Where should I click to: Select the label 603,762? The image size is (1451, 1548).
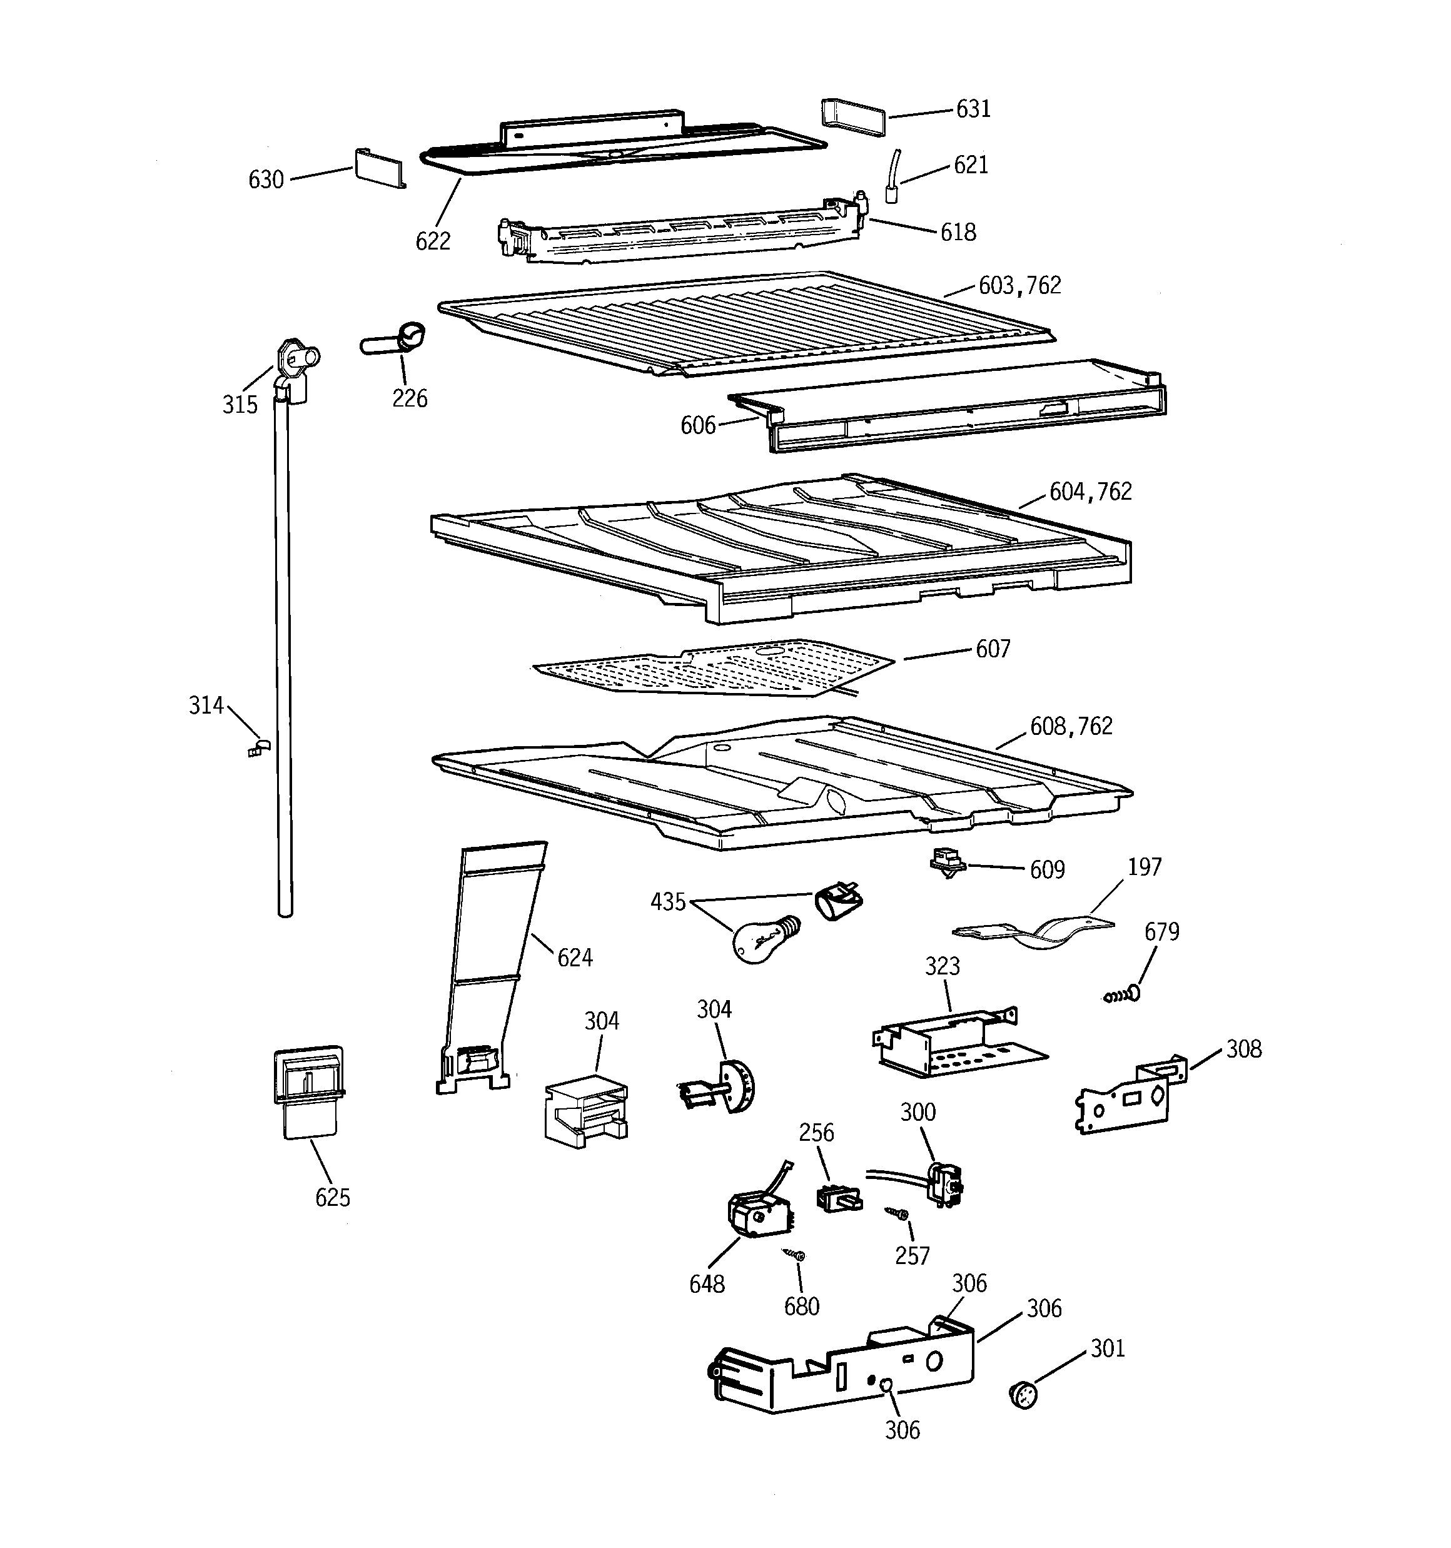pos(1019,286)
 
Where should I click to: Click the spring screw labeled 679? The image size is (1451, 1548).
pos(1122,994)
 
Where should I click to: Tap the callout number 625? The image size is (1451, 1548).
pos(333,1198)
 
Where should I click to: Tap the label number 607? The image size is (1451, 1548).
pos(993,649)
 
